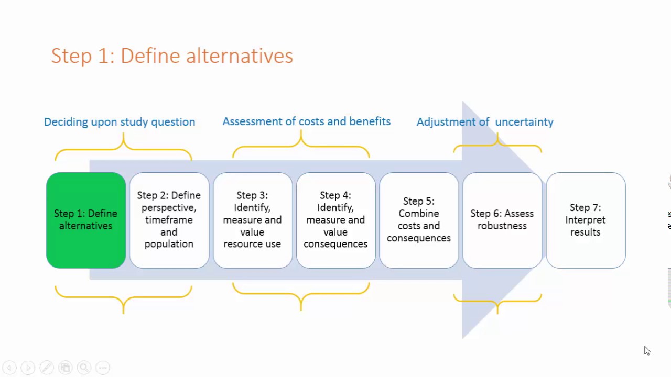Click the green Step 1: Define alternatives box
click(85, 220)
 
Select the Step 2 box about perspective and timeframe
click(169, 220)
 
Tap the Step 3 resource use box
click(252, 220)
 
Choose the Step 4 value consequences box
click(335, 220)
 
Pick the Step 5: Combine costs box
click(419, 220)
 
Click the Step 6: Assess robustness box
click(502, 220)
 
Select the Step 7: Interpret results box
click(586, 220)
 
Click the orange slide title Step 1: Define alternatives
click(172, 56)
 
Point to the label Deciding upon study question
click(120, 122)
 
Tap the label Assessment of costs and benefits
click(306, 121)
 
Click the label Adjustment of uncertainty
click(485, 122)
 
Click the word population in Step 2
click(169, 244)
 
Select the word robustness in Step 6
click(502, 226)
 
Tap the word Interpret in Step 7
click(586, 220)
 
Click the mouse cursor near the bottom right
click(647, 351)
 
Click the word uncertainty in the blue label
click(524, 122)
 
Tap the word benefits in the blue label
click(370, 121)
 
